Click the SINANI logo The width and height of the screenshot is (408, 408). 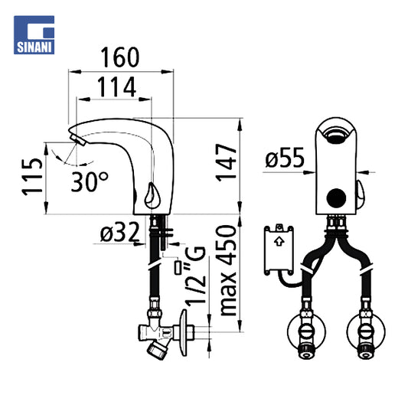(34, 35)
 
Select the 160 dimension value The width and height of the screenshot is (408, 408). (120, 57)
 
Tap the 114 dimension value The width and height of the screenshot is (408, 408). (116, 87)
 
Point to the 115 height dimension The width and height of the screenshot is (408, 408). (31, 177)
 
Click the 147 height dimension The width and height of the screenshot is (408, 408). (226, 162)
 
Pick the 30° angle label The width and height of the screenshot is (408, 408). (90, 181)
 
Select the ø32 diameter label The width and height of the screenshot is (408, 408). (119, 233)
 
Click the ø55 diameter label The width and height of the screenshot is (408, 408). (285, 158)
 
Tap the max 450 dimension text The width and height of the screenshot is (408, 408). (228, 271)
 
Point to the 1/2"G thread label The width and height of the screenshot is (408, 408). (195, 275)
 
